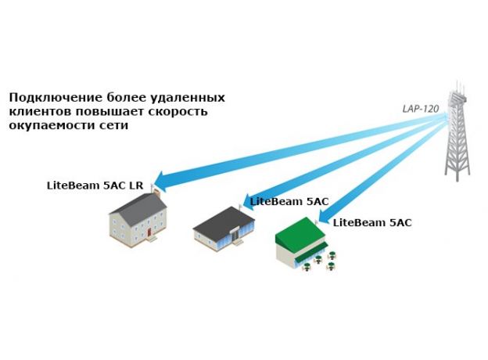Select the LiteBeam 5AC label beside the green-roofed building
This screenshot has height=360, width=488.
(x=372, y=222)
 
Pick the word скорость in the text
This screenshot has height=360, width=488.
(x=181, y=111)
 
